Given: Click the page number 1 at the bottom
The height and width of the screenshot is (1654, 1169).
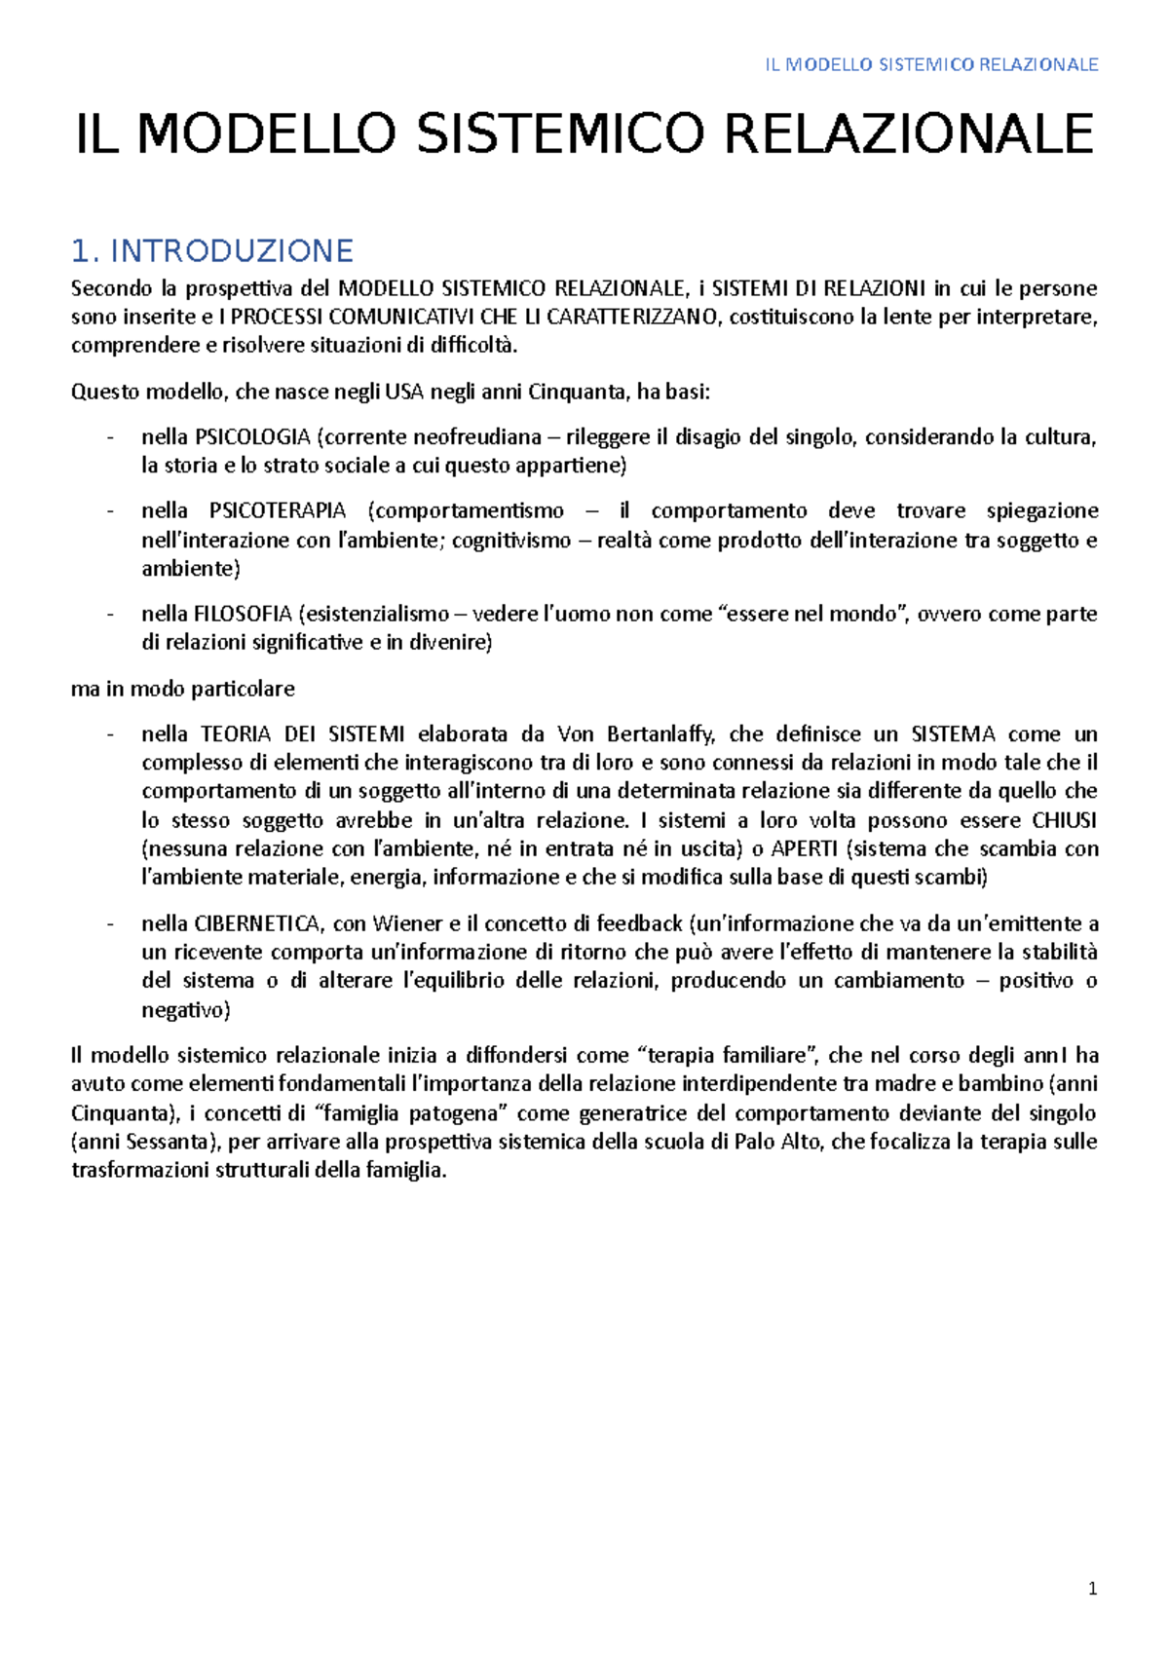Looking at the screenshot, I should click(x=1092, y=1589).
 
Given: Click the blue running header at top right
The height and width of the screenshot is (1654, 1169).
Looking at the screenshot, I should click(x=931, y=65).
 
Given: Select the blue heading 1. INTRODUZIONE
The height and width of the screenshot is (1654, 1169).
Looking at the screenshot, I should click(x=212, y=251).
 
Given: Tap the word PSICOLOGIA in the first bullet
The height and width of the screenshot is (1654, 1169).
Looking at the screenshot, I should click(x=252, y=437).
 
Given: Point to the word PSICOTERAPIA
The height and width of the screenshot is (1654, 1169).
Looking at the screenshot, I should click(x=278, y=511).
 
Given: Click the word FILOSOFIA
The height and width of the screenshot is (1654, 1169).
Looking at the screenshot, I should click(x=244, y=615).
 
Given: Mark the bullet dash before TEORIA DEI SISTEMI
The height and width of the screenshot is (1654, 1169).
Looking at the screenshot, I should click(x=111, y=734).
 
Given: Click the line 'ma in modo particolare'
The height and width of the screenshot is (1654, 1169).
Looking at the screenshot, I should click(x=183, y=690).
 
